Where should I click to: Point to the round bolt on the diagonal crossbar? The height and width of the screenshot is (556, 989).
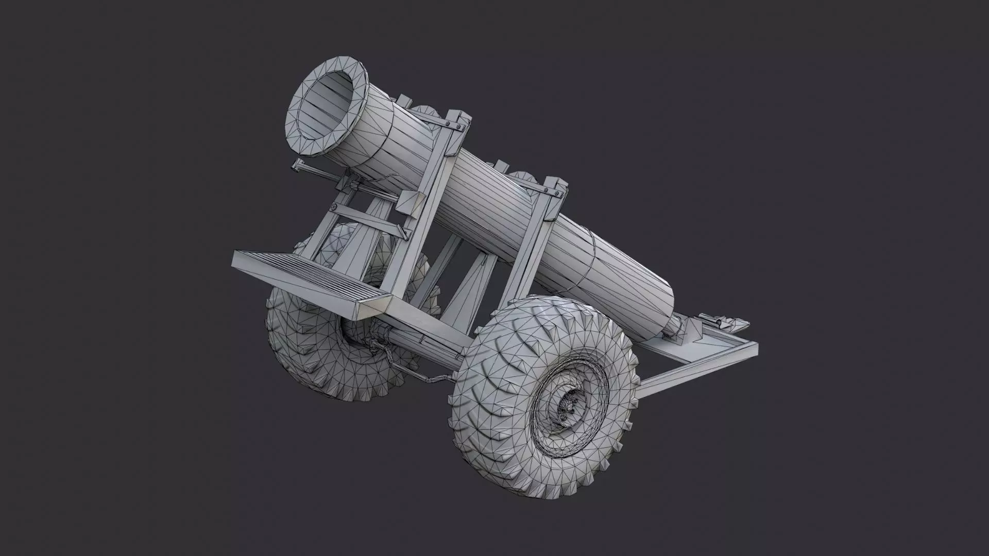tap(334, 207)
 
